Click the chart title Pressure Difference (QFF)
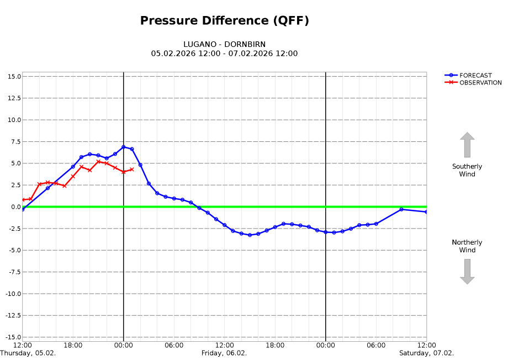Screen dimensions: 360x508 click(224, 21)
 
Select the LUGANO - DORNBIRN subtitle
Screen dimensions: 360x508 click(224, 44)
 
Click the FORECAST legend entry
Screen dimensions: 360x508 click(475, 76)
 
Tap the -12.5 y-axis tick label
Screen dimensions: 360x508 click(12, 315)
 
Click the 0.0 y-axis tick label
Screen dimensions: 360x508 click(15, 207)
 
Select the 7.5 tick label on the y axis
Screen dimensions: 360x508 click(15, 141)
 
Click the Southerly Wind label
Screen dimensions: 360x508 click(467, 170)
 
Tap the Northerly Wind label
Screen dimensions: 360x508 click(467, 246)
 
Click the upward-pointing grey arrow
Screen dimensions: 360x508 click(467, 144)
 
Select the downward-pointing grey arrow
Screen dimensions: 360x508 click(467, 272)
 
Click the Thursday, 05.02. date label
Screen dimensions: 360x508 click(28, 353)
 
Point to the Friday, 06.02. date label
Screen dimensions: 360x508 click(224, 353)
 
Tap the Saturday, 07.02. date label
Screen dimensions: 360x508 click(426, 353)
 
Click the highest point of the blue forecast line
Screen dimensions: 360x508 click(124, 147)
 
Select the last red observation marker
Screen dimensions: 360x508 click(132, 169)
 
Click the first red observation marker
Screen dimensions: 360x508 click(23, 199)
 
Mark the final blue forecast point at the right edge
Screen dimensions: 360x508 click(426, 211)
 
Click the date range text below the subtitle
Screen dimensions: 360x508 click(224, 54)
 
